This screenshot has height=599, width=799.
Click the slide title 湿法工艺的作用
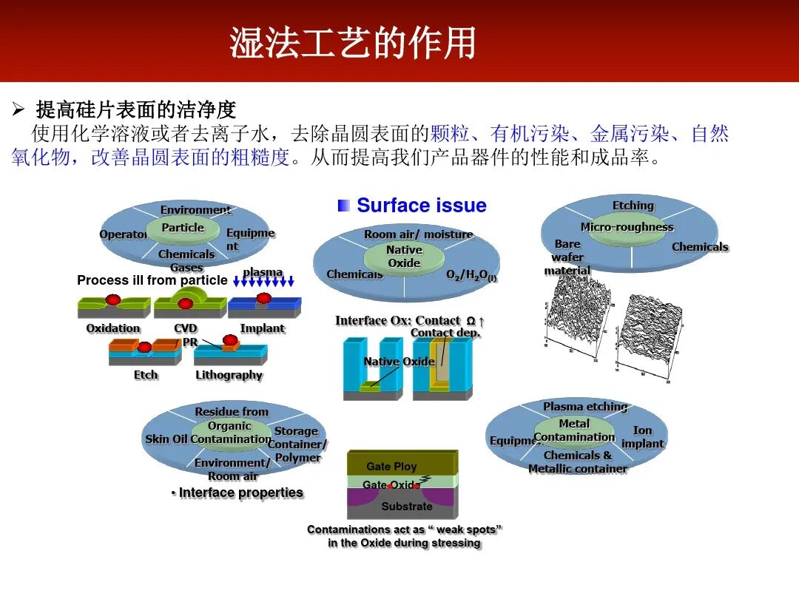(352, 42)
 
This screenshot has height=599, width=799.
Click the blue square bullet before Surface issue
(343, 206)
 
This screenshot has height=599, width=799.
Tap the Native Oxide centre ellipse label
(404, 257)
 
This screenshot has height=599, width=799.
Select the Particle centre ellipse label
(182, 228)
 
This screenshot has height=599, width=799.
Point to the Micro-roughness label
(627, 227)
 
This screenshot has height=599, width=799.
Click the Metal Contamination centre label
(574, 430)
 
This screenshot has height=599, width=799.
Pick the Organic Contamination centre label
(230, 433)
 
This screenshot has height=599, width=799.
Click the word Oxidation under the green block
(113, 328)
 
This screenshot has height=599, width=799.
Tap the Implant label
(262, 328)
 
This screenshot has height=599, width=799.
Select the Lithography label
(229, 375)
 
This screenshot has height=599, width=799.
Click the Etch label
(146, 375)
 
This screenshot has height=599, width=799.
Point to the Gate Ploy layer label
(391, 467)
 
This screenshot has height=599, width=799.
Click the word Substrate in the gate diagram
(406, 507)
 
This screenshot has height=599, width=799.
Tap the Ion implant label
(642, 437)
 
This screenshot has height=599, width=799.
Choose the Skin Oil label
(166, 439)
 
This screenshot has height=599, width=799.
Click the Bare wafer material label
(567, 257)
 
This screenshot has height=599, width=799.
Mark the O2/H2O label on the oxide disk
(471, 275)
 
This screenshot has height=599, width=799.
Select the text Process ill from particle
(152, 280)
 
